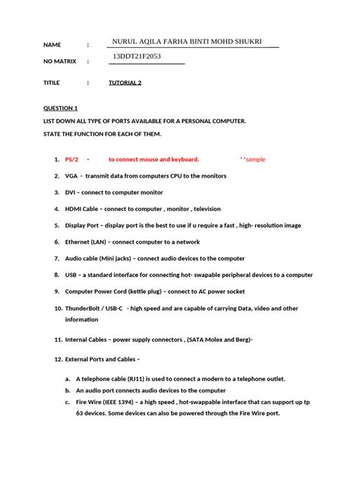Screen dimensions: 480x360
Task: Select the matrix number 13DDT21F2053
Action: (x=138, y=57)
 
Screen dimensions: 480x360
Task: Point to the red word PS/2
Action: (x=71, y=159)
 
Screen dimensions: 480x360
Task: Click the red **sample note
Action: (x=253, y=159)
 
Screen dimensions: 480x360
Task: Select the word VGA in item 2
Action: (x=71, y=175)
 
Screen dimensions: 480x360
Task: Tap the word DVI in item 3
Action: (x=71, y=192)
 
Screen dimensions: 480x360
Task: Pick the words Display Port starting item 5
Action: (x=85, y=225)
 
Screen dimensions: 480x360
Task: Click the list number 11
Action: (x=58, y=341)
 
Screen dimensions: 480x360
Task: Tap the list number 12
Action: (x=58, y=358)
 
